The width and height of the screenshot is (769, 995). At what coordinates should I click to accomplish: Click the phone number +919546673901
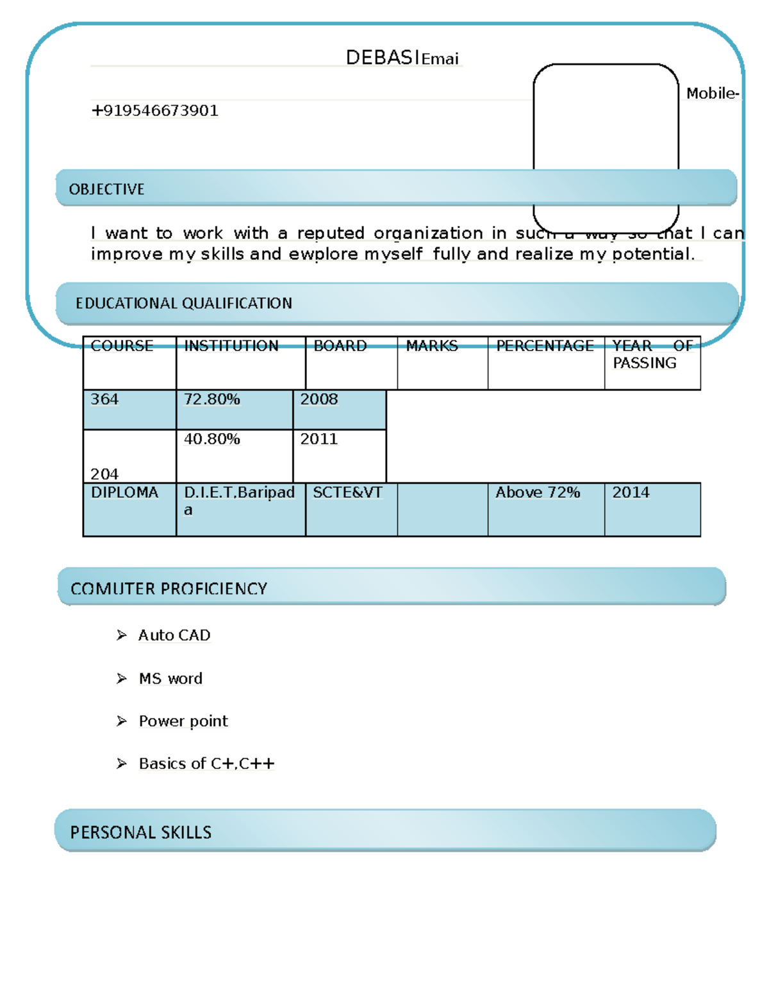[x=154, y=111]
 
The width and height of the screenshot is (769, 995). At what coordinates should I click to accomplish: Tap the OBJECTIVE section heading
[x=106, y=190]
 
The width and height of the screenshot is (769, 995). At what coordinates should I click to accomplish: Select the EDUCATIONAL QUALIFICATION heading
[x=183, y=303]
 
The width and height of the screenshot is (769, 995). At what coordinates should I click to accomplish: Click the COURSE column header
[x=122, y=346]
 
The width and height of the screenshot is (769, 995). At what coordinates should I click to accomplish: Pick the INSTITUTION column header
[x=231, y=346]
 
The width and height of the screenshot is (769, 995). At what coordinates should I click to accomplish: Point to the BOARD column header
[x=340, y=346]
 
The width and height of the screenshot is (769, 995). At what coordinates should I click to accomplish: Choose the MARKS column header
[x=432, y=346]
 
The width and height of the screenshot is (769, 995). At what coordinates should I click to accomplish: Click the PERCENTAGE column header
[x=545, y=346]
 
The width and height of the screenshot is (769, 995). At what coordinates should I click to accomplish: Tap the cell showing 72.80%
[x=212, y=400]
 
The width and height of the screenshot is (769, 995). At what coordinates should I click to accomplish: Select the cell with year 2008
[x=318, y=400]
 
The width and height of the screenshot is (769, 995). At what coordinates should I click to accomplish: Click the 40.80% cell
[x=212, y=440]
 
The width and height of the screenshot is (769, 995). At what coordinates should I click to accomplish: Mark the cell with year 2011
[x=318, y=440]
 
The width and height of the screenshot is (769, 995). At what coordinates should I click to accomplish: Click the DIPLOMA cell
[x=124, y=493]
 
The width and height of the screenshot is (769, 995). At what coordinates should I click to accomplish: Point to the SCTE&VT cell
[x=347, y=493]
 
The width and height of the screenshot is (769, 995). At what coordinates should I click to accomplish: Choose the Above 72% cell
[x=538, y=493]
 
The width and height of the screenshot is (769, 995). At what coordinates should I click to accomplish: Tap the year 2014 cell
[x=631, y=493]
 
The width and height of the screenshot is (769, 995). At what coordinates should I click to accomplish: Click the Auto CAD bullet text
[x=174, y=636]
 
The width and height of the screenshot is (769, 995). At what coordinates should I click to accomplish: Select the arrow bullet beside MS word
[x=122, y=678]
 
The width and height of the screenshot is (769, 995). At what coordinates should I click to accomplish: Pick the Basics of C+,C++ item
[x=206, y=764]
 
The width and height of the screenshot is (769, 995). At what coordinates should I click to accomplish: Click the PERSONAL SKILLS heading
[x=141, y=832]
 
